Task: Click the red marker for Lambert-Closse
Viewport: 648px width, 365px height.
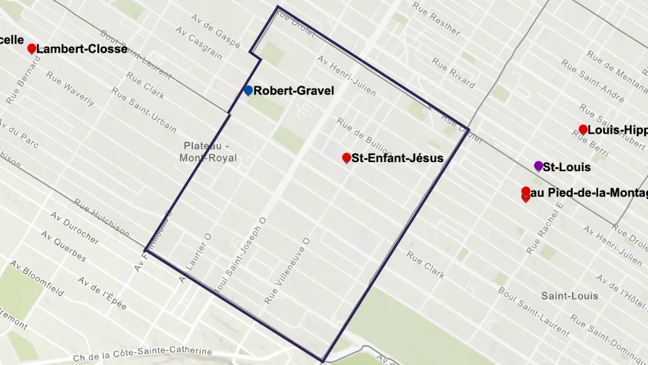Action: point(31,49)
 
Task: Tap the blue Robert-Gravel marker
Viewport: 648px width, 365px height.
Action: point(248,91)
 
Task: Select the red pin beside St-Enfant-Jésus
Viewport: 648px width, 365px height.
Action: point(347,158)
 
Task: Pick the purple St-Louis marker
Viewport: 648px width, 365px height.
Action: point(538,167)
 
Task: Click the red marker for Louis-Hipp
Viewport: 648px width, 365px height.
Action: point(583,130)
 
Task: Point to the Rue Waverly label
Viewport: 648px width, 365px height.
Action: point(70,90)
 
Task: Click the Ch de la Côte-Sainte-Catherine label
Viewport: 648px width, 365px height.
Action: point(143,353)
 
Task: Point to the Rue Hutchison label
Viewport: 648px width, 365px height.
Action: point(102,217)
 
